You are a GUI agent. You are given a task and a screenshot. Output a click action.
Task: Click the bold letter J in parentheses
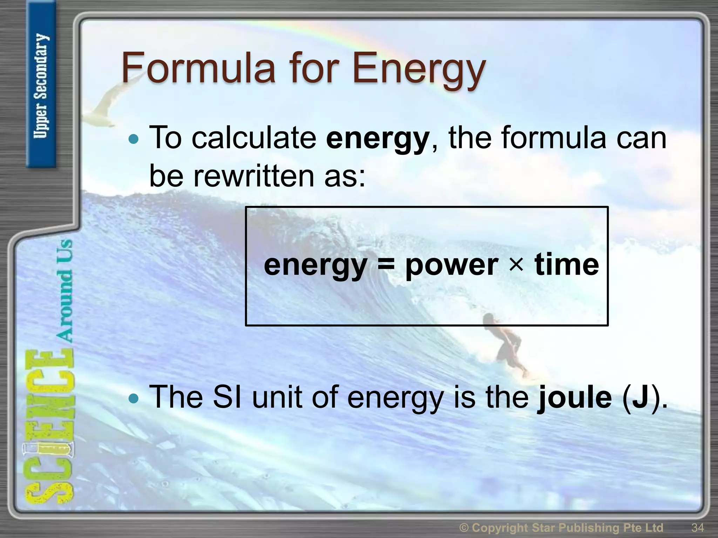coord(640,398)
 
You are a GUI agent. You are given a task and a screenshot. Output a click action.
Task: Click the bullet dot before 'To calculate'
coord(134,139)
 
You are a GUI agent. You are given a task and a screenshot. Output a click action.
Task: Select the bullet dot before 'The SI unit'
coord(134,398)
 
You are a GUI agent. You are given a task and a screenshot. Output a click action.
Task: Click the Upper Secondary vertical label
coord(41,86)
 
